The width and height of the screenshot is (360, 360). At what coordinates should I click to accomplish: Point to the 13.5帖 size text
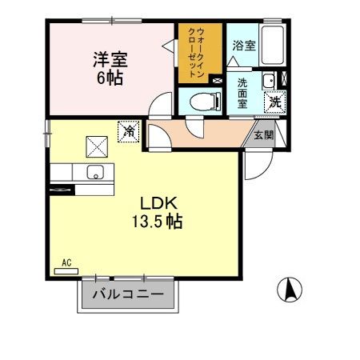158,222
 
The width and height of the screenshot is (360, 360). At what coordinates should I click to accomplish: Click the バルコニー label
128,294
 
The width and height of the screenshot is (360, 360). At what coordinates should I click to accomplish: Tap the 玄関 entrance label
264,135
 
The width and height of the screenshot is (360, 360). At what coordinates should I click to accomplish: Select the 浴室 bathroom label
244,46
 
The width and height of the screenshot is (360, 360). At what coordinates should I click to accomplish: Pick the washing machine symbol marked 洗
274,102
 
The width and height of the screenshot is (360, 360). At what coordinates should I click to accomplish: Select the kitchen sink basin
96,172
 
